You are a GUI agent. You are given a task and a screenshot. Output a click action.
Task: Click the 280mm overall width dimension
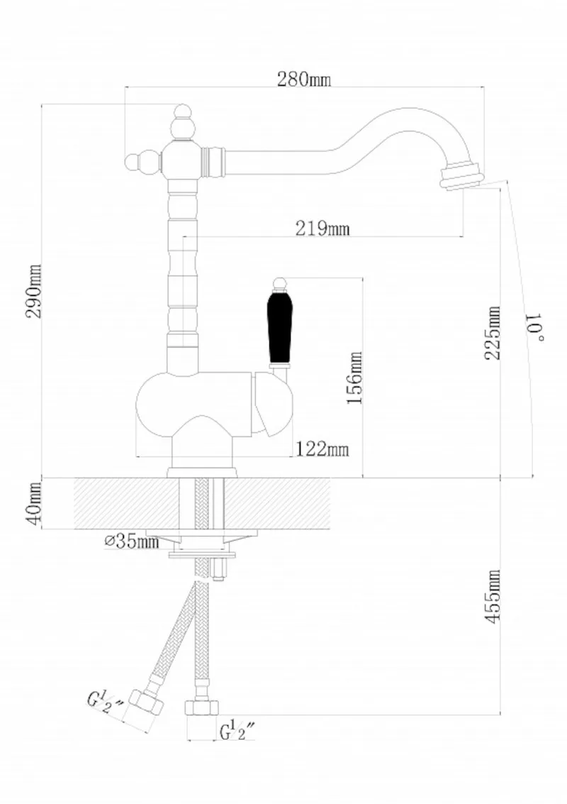click(303, 79)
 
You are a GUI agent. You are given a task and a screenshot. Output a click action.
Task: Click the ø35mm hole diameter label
click(132, 542)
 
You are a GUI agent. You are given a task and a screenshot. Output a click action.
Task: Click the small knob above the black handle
click(278, 282)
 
